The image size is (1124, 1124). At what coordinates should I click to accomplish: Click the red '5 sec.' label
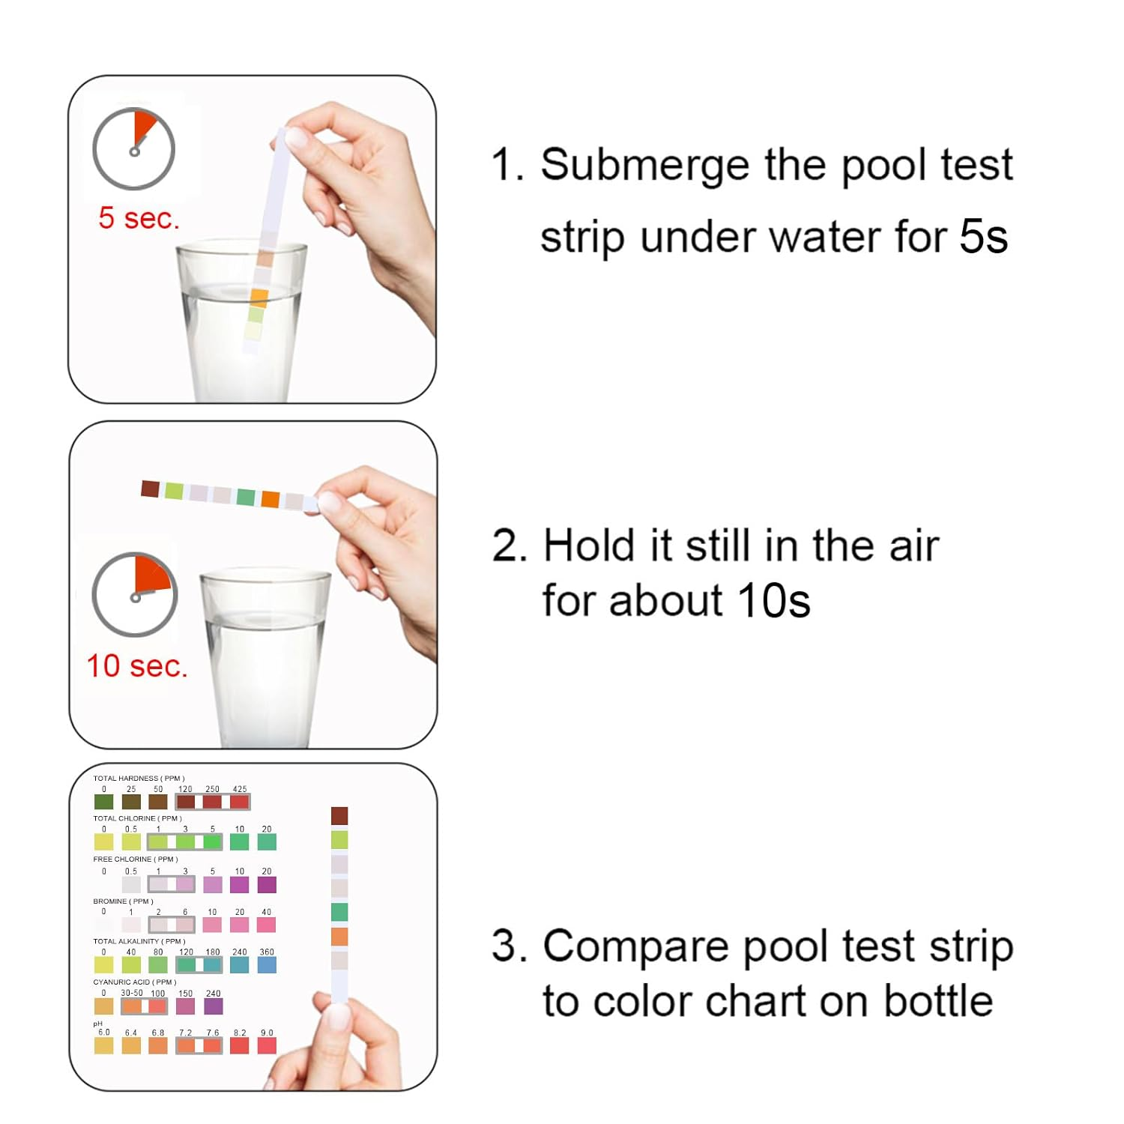pos(139,218)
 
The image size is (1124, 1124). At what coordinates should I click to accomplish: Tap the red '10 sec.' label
pos(136,665)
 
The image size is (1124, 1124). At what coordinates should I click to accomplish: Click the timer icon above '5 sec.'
pos(133,148)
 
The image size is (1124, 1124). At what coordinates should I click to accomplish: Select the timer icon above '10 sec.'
pos(135,595)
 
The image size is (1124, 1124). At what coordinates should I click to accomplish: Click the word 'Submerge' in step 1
pos(644,166)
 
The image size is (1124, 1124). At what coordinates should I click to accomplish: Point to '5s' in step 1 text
pos(983,237)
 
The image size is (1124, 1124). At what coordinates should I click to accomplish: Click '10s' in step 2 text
pos(773,601)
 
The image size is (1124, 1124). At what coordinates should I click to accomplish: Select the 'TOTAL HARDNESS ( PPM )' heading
pos(139,779)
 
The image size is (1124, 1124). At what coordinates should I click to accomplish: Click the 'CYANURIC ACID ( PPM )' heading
pos(134,982)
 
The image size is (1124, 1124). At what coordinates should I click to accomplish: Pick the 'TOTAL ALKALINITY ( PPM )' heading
pos(139,941)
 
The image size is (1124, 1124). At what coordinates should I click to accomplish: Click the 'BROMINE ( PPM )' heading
pos(123,901)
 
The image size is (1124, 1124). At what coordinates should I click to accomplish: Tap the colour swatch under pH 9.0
pos(267,1045)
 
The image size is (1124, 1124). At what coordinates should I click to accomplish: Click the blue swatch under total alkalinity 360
pos(267,965)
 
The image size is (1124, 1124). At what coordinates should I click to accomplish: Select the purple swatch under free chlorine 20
pos(267,884)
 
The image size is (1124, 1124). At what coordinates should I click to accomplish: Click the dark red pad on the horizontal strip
pos(151,489)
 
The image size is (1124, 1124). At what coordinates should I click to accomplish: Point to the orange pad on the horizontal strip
pos(271,499)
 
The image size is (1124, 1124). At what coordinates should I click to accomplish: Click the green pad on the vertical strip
pos(339,912)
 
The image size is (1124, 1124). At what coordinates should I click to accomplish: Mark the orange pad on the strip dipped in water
pos(259,297)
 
